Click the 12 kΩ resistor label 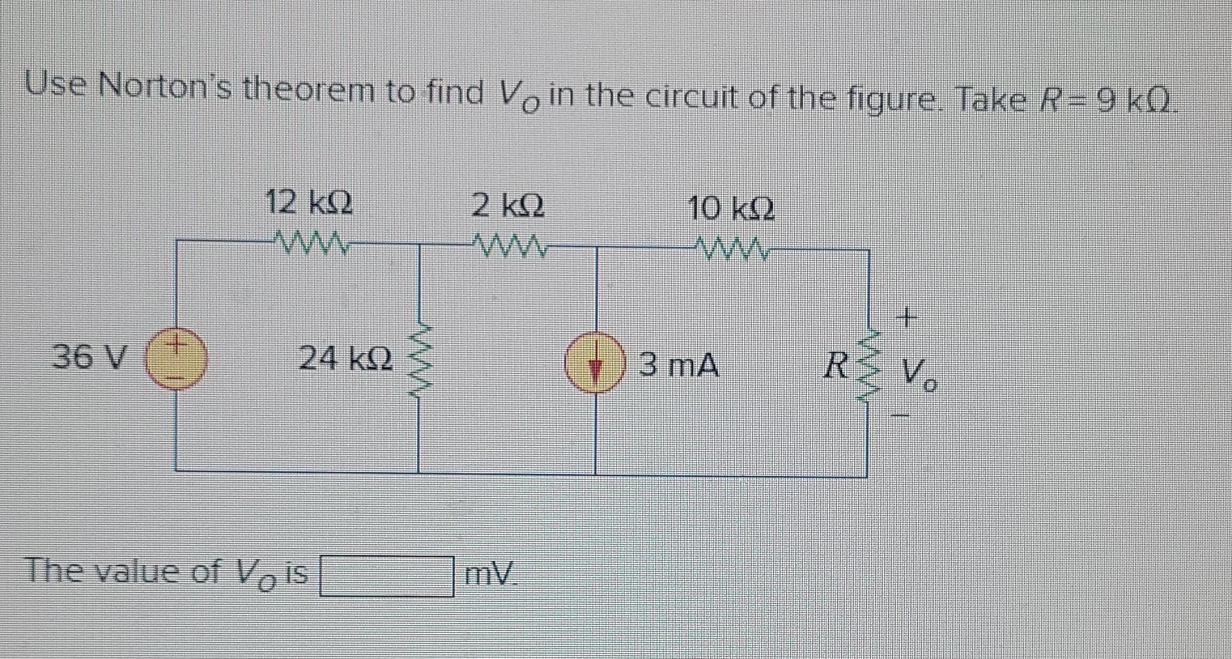click(309, 201)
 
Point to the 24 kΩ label click(346, 358)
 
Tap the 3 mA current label click(678, 365)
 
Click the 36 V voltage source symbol click(175, 360)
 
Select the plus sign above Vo click(905, 318)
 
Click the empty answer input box click(386, 576)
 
